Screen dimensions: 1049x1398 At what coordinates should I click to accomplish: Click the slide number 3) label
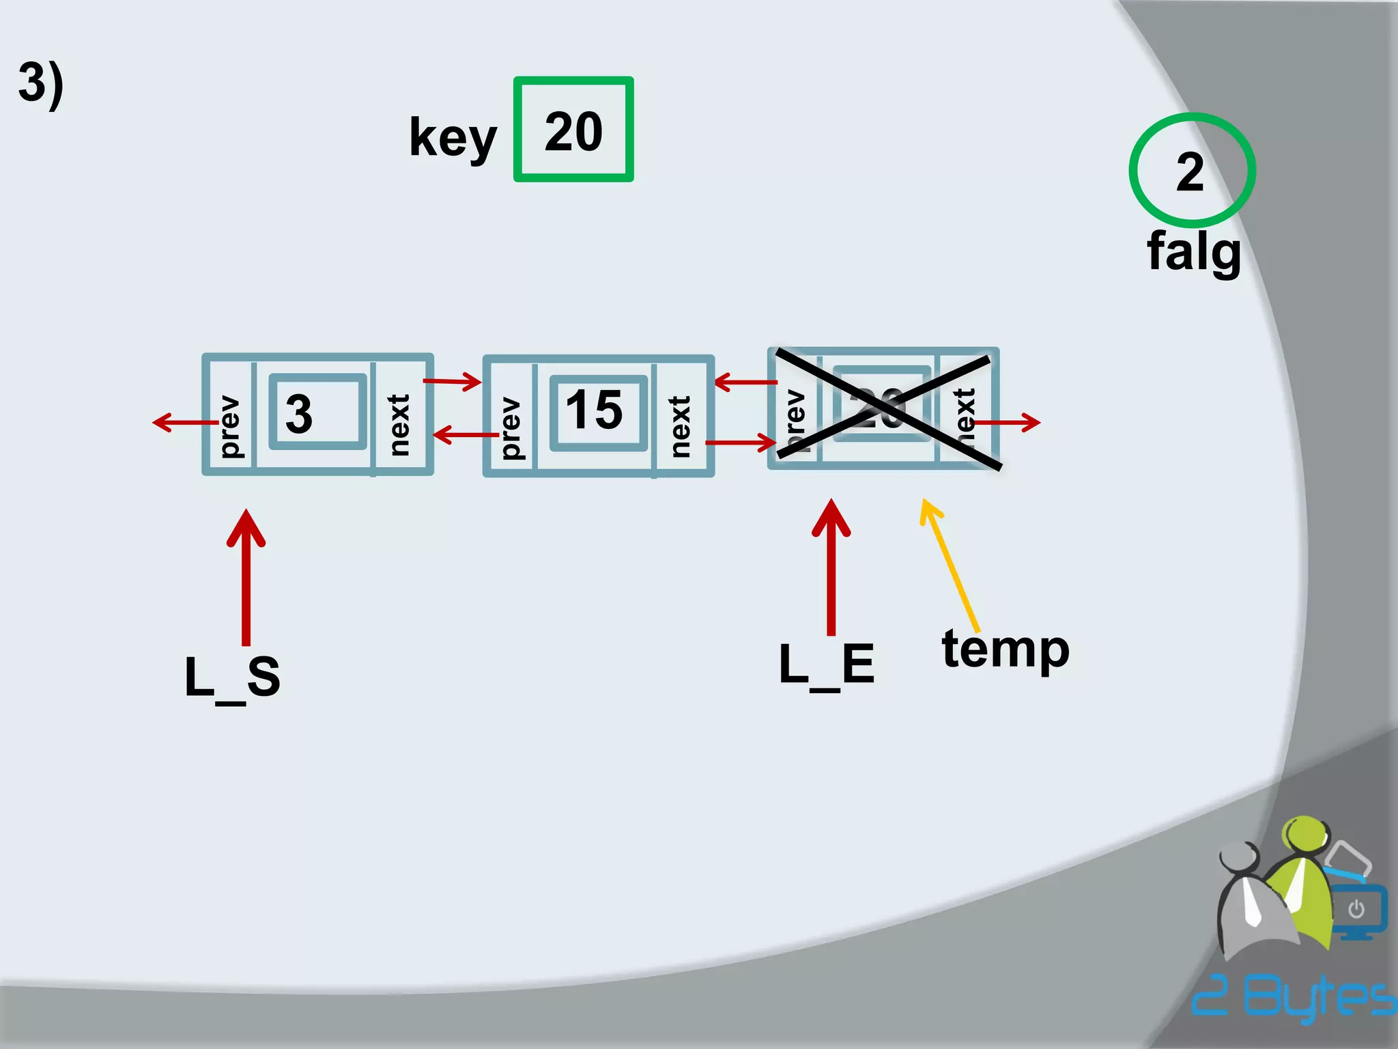pos(41,83)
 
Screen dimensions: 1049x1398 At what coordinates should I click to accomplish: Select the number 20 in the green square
pos(573,131)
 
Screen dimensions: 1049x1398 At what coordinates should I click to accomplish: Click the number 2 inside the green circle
pos(1190,172)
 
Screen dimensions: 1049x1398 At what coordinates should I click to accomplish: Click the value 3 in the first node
pos(299,413)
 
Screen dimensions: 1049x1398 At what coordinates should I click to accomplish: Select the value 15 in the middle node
pos(594,410)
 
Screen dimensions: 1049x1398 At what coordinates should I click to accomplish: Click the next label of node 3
pos(399,424)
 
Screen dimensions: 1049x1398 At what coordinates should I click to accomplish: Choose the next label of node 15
pos(680,426)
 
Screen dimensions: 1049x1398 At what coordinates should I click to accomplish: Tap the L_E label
pos(827,665)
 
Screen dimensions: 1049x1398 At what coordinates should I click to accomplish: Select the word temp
pos(1005,649)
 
